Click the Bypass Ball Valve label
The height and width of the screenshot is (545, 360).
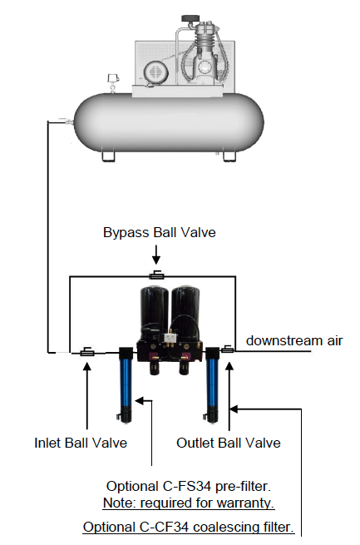pos(160,232)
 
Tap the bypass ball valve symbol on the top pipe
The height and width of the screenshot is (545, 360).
pos(156,275)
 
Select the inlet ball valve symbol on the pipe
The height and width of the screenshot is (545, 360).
pos(87,352)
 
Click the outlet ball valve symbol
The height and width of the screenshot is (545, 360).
pos(227,349)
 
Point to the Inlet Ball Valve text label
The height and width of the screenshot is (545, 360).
pos(81,443)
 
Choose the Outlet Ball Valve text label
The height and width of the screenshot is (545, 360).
pos(229,443)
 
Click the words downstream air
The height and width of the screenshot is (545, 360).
pos(294,340)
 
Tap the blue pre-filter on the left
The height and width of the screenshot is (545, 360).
pos(126,384)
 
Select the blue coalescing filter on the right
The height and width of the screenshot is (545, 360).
pos(212,384)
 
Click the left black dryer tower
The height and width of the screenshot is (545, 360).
pos(154,312)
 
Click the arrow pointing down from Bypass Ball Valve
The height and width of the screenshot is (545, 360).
pos(156,255)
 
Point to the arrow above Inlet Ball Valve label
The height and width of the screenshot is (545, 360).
pos(86,395)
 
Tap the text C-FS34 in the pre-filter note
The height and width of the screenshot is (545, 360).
pos(185,486)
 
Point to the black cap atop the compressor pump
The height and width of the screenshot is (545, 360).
pos(190,18)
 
